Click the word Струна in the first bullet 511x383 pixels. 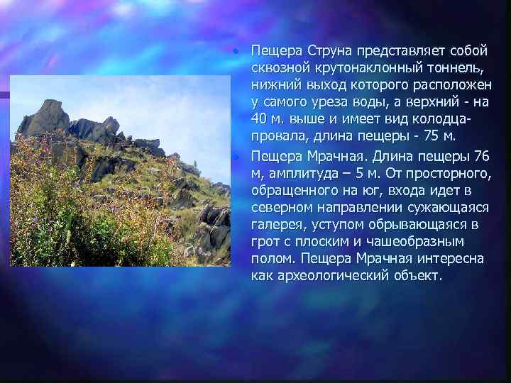tap(329, 51)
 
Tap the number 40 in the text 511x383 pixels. tap(259, 118)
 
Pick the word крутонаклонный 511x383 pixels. tap(367, 68)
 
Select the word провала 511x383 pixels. tap(279, 135)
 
